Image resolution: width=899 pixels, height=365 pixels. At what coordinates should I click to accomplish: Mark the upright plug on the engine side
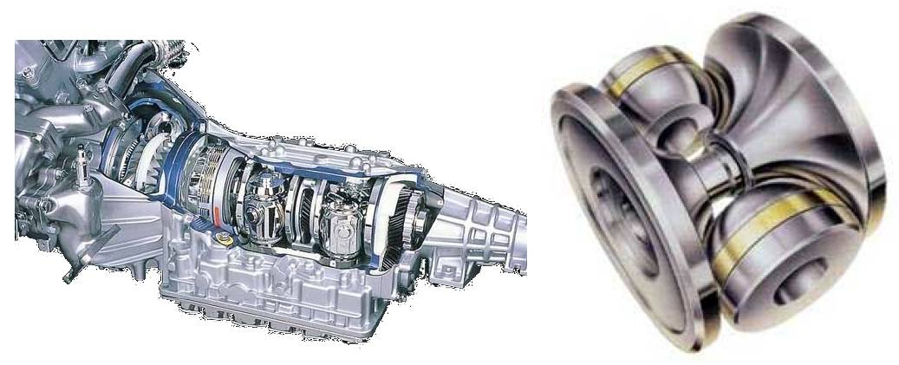82,165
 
